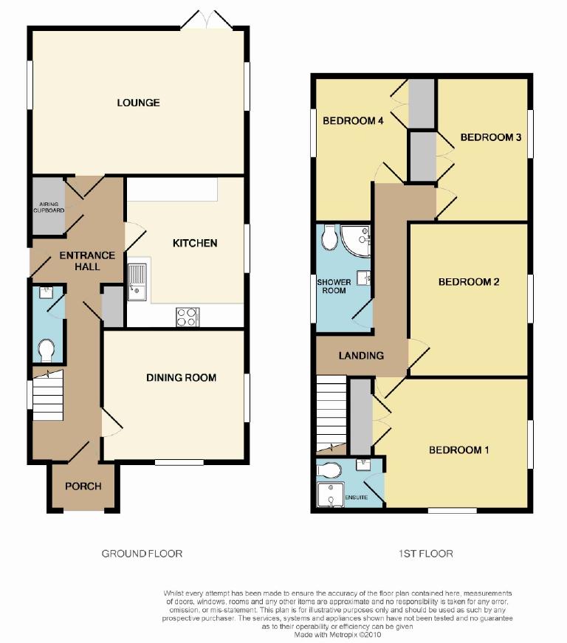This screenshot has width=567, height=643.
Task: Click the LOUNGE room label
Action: pos(138,103)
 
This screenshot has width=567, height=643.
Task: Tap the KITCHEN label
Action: pos(195,243)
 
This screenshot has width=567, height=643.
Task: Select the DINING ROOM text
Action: pos(181,378)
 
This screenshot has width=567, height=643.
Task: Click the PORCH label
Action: pos(83,486)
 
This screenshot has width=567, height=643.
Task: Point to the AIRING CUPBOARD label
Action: pos(49,207)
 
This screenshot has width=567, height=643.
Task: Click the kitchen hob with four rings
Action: pos(188,317)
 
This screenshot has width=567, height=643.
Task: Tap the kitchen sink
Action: pos(137,283)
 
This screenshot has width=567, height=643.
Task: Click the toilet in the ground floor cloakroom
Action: pos(47,350)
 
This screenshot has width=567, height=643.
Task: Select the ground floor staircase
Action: pos(47,395)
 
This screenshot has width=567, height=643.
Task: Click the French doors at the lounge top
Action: pos(207,21)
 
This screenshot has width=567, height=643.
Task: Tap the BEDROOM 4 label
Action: pos(353,120)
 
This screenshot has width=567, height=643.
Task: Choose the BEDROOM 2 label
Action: pos(469,282)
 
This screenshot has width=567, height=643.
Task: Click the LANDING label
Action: pos(361,356)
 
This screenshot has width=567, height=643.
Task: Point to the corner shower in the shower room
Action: pos(355,241)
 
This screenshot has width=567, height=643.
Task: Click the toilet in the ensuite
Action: pos(329,471)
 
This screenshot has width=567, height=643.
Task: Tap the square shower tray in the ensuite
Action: pos(330,495)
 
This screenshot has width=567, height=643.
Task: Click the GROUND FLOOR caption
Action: pos(142,554)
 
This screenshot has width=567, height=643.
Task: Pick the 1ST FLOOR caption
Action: pos(426,554)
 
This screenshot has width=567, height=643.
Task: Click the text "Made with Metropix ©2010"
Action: pos(338,635)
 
